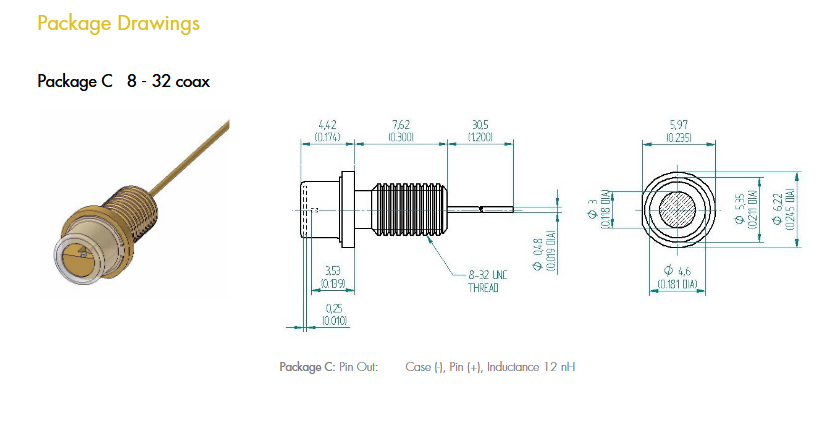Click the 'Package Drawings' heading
pyautogui.click(x=118, y=23)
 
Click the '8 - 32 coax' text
pyautogui.click(x=168, y=81)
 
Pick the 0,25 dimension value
pyautogui.click(x=335, y=308)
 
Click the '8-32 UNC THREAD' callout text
pyautogui.click(x=484, y=280)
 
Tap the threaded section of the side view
pyautogui.click(x=409, y=210)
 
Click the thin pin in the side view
pyautogui.click(x=480, y=210)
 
